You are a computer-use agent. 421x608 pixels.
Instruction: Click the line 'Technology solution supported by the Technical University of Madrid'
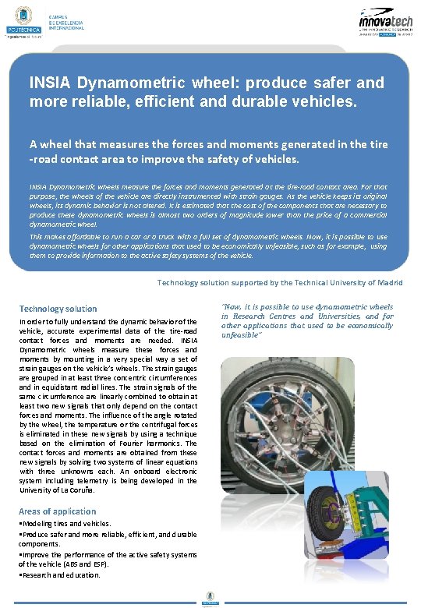280,282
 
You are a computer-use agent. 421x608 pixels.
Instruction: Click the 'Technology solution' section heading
58,309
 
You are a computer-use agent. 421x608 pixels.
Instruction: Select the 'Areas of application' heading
58,511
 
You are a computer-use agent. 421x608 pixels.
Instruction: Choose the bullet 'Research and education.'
62,574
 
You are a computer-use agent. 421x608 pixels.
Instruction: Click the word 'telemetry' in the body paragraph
87,480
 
